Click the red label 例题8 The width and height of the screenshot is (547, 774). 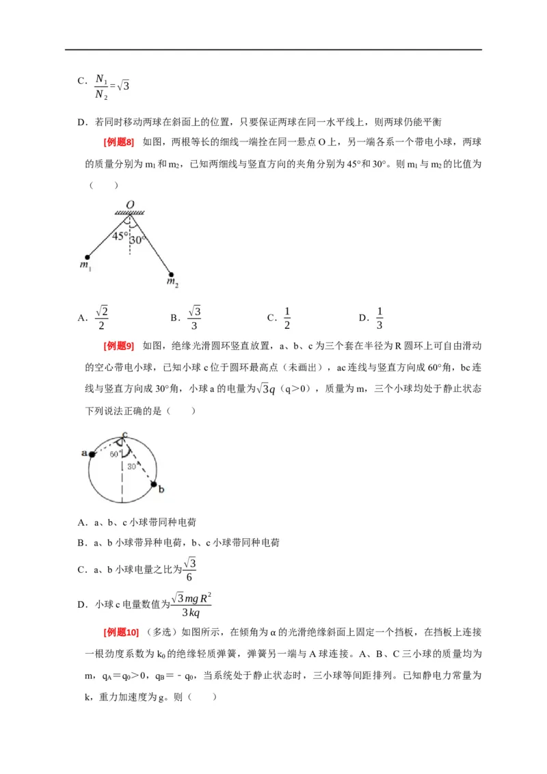point(118,142)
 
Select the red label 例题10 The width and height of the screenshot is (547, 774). point(120,631)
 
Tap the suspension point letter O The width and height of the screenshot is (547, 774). point(129,204)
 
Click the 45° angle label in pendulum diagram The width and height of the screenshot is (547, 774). point(120,236)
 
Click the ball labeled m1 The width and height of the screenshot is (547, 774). point(87,257)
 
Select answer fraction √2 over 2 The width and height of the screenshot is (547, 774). point(102,317)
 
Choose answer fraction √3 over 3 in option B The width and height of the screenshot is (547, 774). point(194,317)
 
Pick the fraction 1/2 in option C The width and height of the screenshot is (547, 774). point(287,317)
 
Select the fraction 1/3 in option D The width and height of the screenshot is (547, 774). point(379,317)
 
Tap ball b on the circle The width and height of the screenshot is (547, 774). point(154,483)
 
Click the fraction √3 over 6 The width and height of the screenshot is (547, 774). point(191,570)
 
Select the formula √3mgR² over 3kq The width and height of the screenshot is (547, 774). point(191,604)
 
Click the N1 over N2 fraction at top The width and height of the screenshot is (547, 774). point(102,87)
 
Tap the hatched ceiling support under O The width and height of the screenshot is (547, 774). point(129,213)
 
